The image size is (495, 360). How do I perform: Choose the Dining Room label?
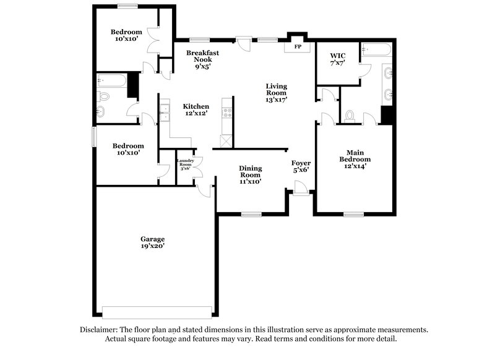[x=250, y=174]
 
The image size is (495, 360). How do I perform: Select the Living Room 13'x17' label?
[x=276, y=92]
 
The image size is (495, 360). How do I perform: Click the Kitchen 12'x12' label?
[x=196, y=109]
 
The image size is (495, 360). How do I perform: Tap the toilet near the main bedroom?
[x=350, y=116]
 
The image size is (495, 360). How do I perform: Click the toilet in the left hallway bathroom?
[x=104, y=96]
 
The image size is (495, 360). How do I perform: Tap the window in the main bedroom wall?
[x=353, y=215]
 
